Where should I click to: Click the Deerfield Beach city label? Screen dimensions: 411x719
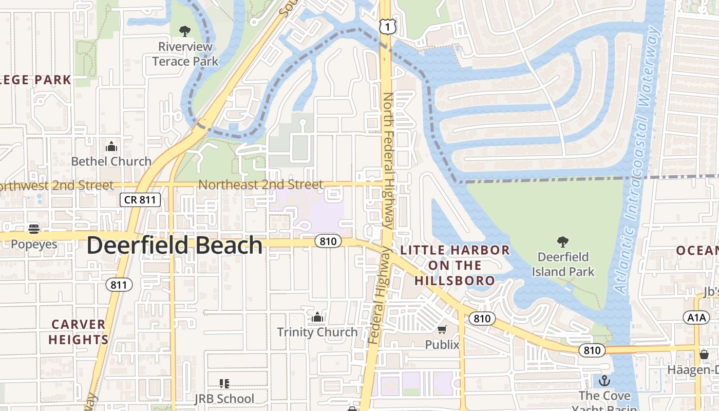(x=175, y=246)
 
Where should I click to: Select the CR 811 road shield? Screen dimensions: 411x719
(x=140, y=200)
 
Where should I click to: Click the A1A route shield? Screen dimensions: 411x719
(x=697, y=317)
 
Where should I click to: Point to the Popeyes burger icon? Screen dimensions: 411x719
(x=34, y=229)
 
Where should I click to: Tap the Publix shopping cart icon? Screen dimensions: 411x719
(x=442, y=329)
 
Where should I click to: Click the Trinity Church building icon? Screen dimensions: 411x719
(x=317, y=317)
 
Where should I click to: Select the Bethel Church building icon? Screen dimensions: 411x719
(x=111, y=147)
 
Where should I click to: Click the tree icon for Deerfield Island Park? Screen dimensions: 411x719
(x=563, y=241)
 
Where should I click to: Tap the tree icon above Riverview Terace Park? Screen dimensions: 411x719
(x=185, y=31)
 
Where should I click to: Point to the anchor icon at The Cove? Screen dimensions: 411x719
(x=604, y=381)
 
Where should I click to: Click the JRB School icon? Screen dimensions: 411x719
(x=224, y=384)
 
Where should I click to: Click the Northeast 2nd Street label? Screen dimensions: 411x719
(x=260, y=184)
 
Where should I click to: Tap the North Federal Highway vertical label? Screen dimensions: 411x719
(x=388, y=160)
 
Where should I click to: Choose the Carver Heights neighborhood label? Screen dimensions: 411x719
(x=79, y=332)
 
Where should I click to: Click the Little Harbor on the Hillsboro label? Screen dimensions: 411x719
(x=455, y=265)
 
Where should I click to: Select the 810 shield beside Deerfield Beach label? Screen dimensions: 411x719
(x=328, y=241)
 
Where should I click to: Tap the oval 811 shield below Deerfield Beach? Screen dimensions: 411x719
(x=120, y=285)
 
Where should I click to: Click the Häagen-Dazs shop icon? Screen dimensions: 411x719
(x=704, y=354)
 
